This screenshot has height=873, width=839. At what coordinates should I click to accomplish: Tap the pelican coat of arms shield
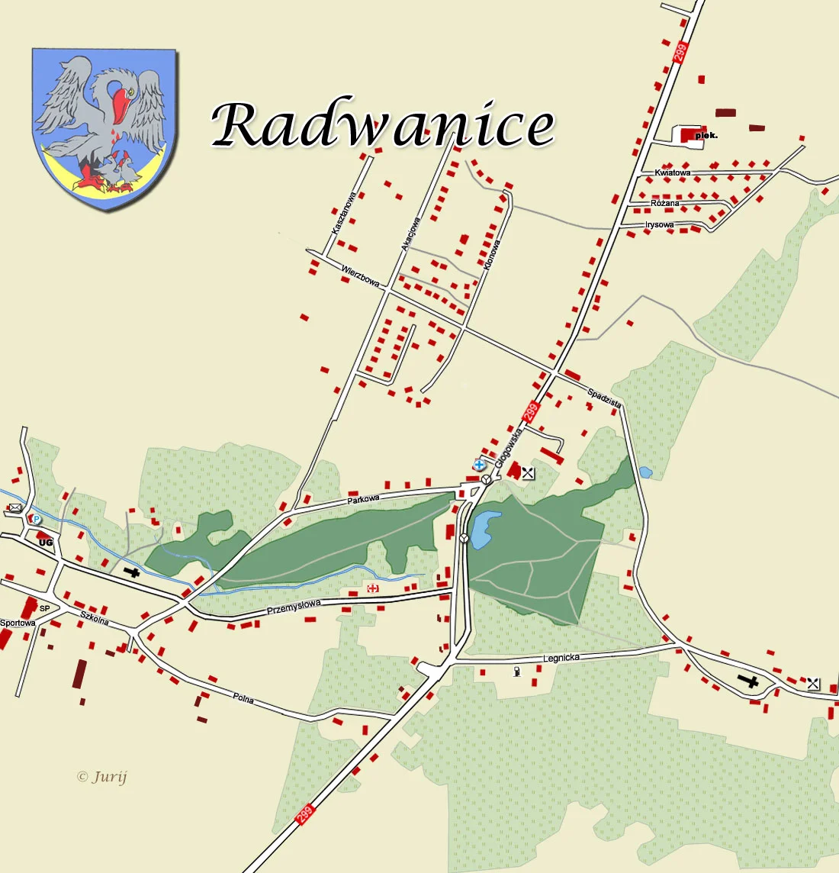104,128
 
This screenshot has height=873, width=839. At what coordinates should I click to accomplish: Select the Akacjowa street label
410,234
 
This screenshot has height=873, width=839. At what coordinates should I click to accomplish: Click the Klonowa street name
492,256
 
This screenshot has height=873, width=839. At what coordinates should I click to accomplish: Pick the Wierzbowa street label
360,275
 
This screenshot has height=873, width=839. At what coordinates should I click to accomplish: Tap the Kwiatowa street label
672,173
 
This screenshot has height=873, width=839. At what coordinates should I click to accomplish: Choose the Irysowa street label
659,225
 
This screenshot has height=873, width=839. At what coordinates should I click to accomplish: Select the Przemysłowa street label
294,607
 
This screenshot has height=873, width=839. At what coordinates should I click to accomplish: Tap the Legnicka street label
561,658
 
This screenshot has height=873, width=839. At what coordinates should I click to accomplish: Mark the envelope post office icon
14,507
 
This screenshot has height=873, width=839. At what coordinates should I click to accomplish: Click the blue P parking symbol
36,519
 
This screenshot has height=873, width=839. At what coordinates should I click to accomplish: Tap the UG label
46,542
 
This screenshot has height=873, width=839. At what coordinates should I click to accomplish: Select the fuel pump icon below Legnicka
518,672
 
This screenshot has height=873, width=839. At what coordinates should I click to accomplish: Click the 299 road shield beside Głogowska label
531,412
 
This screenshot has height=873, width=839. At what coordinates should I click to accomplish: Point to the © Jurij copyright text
102,777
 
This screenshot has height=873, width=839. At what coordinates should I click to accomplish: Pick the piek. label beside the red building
706,136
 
